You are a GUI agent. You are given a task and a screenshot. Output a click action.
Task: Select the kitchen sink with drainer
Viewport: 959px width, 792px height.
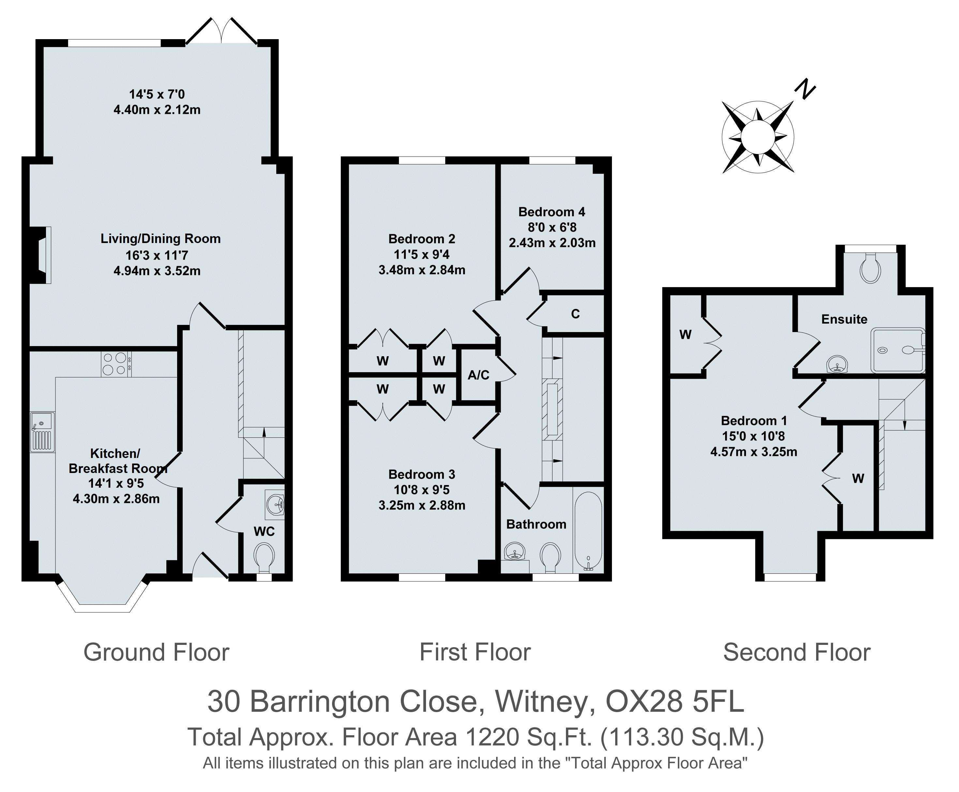tap(42, 432)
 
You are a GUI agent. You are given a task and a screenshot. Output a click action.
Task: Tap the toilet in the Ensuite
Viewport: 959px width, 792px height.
tap(870, 269)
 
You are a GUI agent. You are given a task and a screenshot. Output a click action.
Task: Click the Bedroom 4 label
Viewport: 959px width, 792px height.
tap(552, 212)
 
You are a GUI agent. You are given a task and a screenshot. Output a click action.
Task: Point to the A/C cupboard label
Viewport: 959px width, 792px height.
tap(478, 375)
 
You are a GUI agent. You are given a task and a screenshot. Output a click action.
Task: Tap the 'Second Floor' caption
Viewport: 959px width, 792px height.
tap(797, 652)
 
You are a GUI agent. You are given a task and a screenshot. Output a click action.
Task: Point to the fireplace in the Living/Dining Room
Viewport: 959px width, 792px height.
tap(41, 255)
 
